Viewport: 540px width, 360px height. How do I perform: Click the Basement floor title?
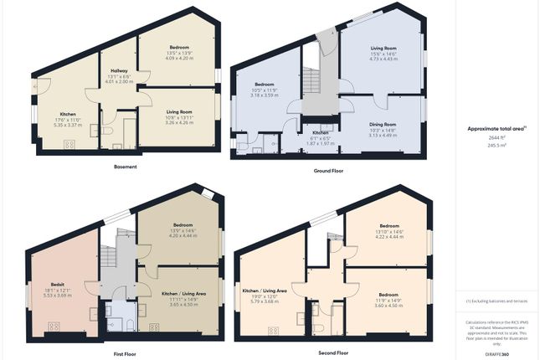[125, 166]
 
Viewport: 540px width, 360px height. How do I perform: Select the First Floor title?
[126, 354]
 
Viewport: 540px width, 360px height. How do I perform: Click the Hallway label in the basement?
[119, 70]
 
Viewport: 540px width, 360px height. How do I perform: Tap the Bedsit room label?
[58, 285]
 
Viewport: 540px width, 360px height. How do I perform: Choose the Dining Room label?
[383, 124]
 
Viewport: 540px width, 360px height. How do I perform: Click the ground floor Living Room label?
[383, 49]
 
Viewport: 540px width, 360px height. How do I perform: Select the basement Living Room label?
[179, 111]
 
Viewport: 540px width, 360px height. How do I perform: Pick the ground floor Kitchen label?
[321, 132]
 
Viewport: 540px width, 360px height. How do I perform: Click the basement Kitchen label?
[68, 114]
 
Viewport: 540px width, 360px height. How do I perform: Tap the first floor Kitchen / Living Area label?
[181, 293]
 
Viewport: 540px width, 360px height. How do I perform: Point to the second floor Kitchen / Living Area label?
[265, 291]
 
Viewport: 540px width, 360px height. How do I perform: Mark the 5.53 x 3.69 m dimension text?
[58, 295]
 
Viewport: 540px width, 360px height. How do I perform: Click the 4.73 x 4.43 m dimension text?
[383, 59]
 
